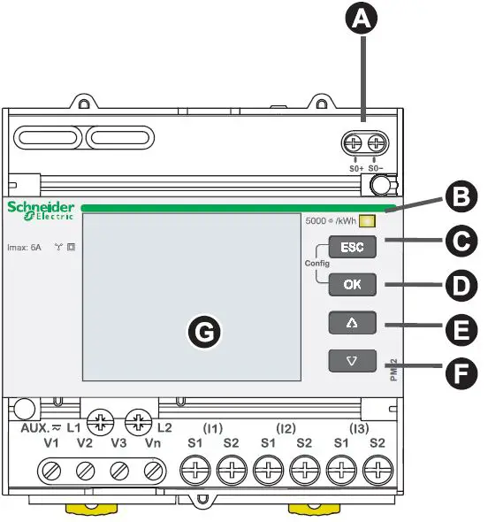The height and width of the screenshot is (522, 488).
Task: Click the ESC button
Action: [352, 247]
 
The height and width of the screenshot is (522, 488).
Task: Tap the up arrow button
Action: [352, 323]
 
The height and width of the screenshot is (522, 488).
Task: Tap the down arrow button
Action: [352, 361]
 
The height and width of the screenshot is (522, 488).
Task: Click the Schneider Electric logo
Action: [41, 211]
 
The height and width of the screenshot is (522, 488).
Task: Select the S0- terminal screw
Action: [377, 142]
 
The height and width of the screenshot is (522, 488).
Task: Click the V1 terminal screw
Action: [52, 468]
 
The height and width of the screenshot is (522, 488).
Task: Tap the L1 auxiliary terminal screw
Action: [104, 421]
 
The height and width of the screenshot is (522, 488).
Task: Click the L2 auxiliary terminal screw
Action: [138, 421]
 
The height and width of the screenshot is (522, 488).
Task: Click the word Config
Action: [316, 265]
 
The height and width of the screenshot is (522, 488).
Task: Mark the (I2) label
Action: [286, 428]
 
